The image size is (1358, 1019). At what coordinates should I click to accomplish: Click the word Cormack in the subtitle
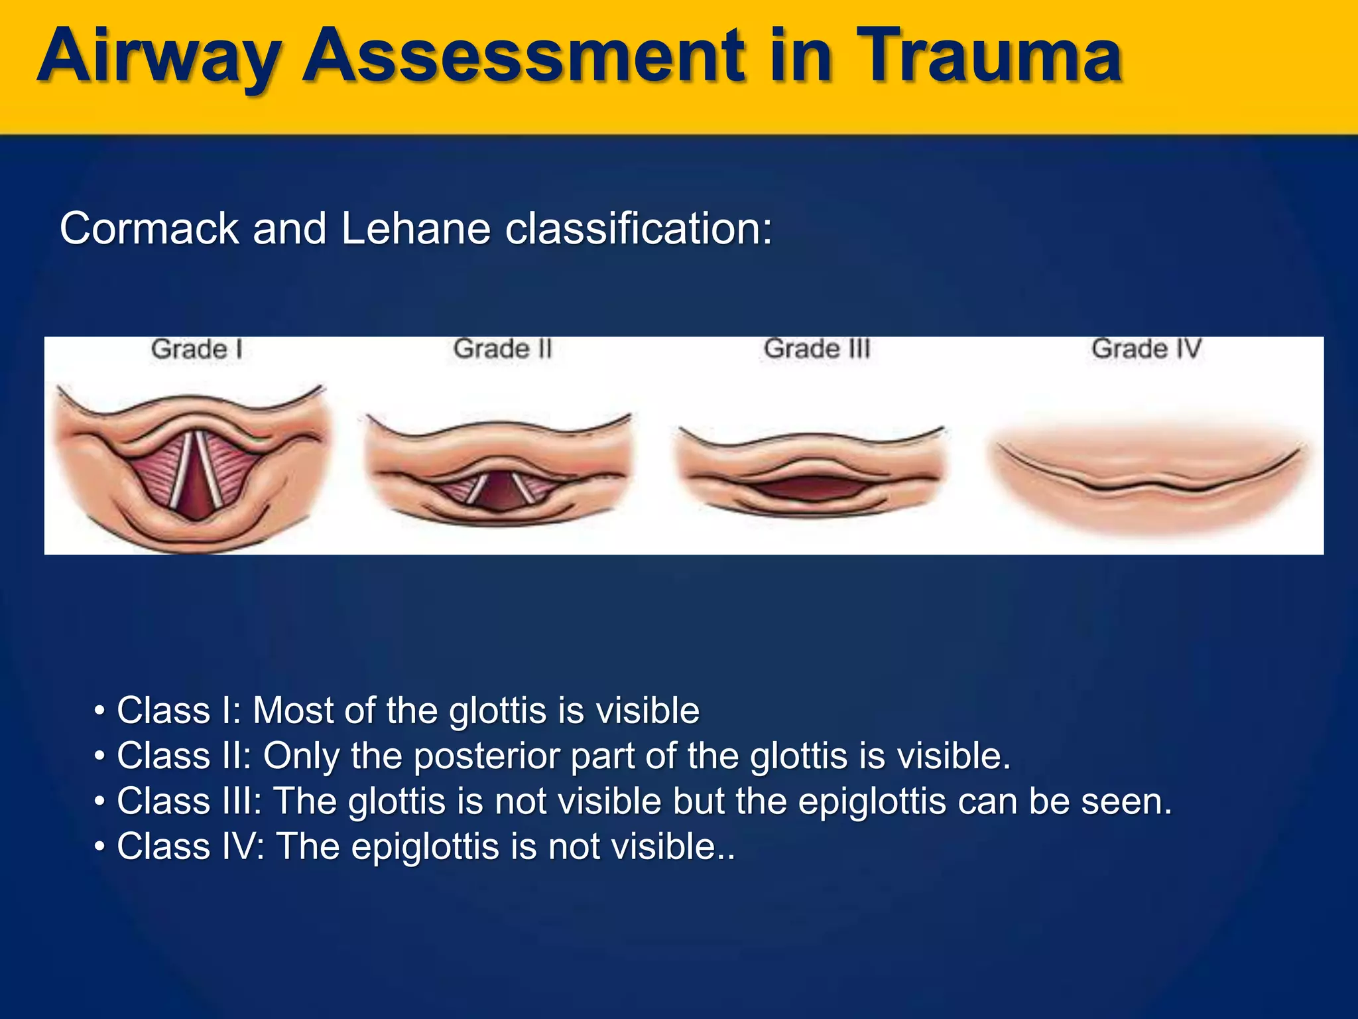(x=150, y=229)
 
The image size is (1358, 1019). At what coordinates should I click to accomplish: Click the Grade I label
(x=196, y=349)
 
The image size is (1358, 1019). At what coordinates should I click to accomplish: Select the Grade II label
(x=503, y=349)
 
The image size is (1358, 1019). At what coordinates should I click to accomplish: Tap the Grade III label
(x=816, y=349)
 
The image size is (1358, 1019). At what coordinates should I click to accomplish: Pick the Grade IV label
(x=1146, y=349)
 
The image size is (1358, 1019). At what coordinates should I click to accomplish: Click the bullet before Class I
(x=99, y=712)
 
